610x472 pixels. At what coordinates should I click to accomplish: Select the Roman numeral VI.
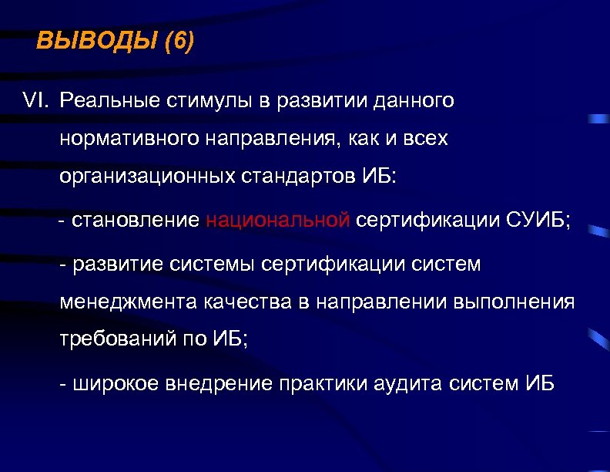35,101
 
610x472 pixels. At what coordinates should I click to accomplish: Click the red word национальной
278,221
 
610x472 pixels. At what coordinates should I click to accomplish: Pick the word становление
135,221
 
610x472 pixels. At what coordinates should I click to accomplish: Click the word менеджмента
128,302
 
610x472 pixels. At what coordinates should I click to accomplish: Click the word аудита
413,384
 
